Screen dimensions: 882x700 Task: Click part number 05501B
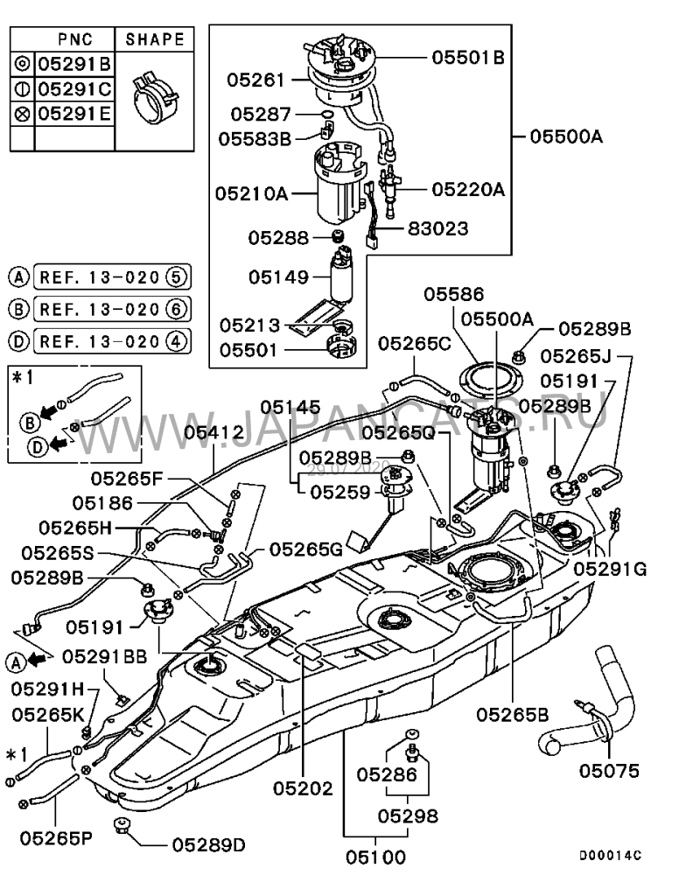pyautogui.click(x=468, y=58)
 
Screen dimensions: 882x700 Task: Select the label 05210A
pyautogui.click(x=252, y=194)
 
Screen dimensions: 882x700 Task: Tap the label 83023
pyautogui.click(x=438, y=228)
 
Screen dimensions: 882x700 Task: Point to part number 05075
pyautogui.click(x=609, y=771)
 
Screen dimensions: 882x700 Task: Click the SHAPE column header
pyautogui.click(x=155, y=39)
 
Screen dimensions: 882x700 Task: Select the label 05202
pyautogui.click(x=303, y=788)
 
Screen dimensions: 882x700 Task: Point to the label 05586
pyautogui.click(x=454, y=295)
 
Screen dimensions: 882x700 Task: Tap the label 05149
pyautogui.click(x=277, y=277)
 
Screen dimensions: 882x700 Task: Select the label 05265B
pyautogui.click(x=513, y=714)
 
